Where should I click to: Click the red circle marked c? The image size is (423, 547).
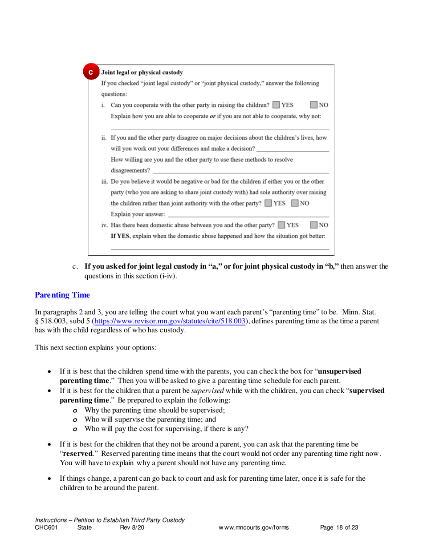91,72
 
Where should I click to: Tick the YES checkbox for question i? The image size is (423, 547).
277,105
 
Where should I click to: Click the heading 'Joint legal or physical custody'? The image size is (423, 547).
142,72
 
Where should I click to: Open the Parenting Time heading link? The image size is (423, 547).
62,295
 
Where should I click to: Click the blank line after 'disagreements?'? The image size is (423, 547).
240,171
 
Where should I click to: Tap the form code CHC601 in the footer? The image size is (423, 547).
46,528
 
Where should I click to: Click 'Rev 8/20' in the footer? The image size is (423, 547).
132,528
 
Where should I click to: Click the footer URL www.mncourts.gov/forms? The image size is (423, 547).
253,528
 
